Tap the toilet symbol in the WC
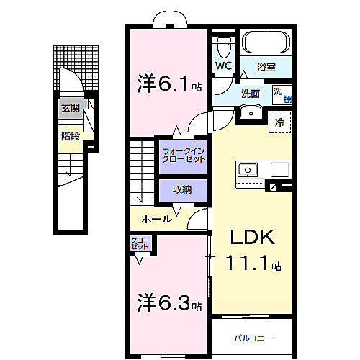tap(222, 46)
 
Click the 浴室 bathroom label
tap(266, 68)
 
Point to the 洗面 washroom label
tap(250, 93)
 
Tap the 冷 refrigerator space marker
tap(279, 122)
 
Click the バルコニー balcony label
tap(253, 336)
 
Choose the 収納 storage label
tap(181, 189)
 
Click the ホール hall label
tap(156, 218)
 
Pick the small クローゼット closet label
tap(140, 243)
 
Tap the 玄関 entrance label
tap(69, 108)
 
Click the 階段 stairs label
tap(69, 133)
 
